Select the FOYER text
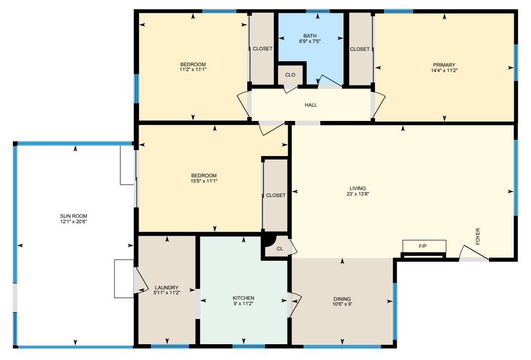pos(477,237)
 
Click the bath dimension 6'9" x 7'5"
pos(310,41)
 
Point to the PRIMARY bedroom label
pos(444,65)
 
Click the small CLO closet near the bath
pos(290,75)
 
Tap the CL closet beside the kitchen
pos(279,249)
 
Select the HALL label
pos(311,105)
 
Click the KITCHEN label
pos(243,298)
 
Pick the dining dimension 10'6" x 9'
pos(342,305)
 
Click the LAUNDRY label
pos(166,288)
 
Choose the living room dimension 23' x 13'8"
pos(358,194)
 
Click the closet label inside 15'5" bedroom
pos(275,195)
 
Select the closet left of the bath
pos(262,49)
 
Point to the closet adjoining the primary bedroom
pos(360,49)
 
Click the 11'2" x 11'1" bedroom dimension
pos(192,70)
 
